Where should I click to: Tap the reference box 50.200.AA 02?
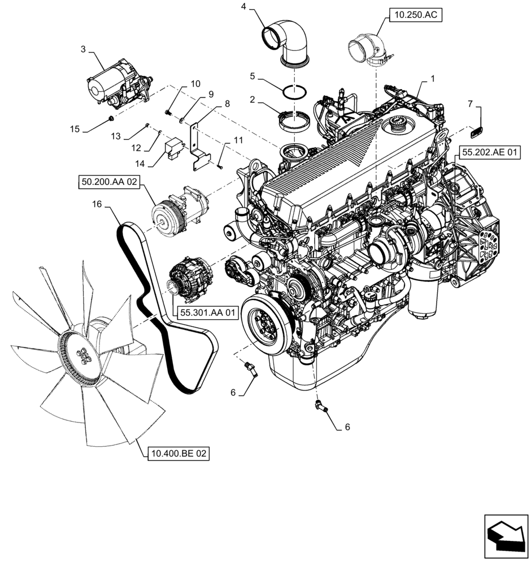[x=108, y=183]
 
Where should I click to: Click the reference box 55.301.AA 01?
[x=207, y=313]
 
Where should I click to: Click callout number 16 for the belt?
[x=97, y=205]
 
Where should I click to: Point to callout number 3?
[x=83, y=50]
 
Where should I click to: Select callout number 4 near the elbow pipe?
[x=243, y=7]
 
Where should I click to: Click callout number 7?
[x=469, y=103]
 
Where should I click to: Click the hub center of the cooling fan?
[x=83, y=355]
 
